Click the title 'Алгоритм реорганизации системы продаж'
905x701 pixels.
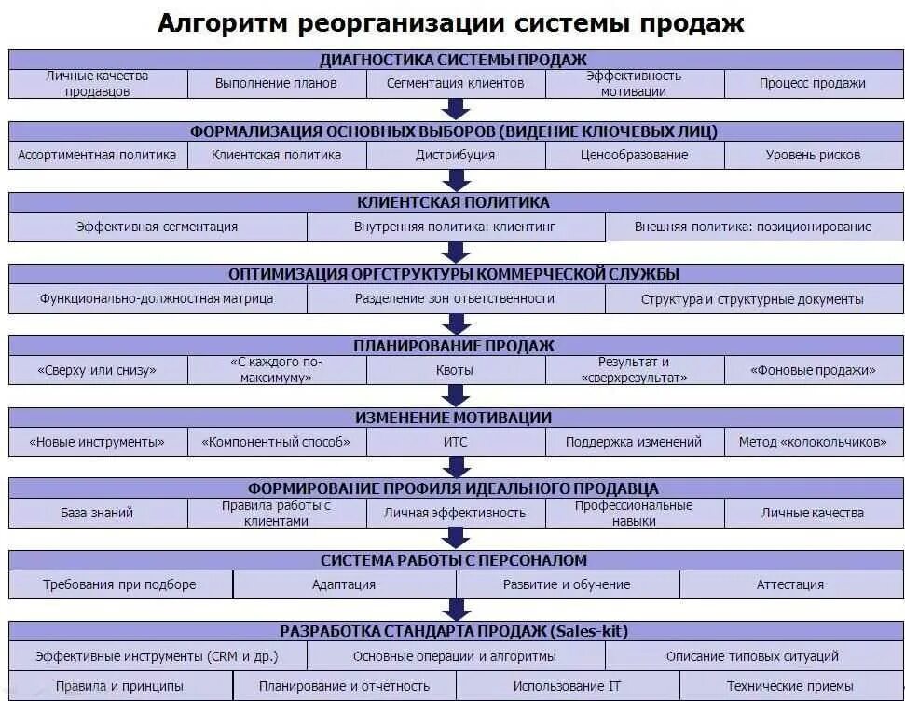point(451,23)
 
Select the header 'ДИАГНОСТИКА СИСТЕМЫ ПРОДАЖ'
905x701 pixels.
point(454,59)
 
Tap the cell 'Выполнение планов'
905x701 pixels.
point(276,83)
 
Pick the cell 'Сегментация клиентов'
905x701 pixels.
point(455,83)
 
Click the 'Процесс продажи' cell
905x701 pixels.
point(812,83)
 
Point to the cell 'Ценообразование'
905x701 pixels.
point(634,155)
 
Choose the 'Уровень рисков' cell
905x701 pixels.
point(813,155)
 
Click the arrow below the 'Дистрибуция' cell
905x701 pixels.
point(456,180)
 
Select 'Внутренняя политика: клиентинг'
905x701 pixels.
point(455,227)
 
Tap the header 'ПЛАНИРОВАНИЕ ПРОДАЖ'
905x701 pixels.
point(454,346)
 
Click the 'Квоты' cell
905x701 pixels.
point(455,370)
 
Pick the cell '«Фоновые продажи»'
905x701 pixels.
point(813,370)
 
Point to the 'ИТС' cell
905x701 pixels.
point(455,442)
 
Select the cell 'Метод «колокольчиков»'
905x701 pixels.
point(813,442)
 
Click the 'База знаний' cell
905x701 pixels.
point(97,513)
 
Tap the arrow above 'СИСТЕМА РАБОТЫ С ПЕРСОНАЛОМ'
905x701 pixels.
point(456,538)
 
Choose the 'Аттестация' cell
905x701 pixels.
point(790,584)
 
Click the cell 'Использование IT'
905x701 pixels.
point(568,686)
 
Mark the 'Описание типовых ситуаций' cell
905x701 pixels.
point(752,656)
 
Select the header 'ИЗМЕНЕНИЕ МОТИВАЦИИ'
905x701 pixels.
point(454,418)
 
